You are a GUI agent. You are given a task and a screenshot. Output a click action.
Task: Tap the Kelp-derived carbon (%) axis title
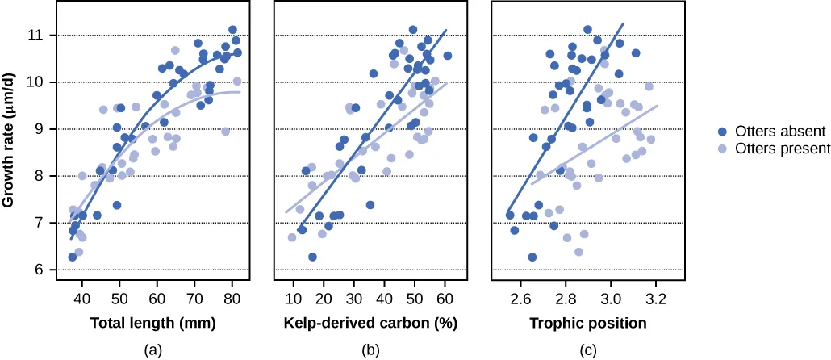[369, 324]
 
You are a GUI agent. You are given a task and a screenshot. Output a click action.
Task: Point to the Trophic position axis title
[587, 324]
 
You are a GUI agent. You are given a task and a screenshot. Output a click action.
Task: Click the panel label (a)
[152, 350]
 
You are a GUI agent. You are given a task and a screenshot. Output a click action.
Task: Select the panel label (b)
[369, 350]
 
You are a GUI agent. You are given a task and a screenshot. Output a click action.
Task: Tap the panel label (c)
[587, 350]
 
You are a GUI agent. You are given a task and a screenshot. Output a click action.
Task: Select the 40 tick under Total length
[81, 297]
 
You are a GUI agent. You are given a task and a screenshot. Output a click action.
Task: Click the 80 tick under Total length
[232, 297]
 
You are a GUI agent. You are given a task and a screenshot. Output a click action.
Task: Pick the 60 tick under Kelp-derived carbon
[445, 297]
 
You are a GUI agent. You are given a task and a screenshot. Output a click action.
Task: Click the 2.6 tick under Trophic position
[520, 297]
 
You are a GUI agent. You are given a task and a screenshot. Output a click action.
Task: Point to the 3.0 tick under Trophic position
[611, 297]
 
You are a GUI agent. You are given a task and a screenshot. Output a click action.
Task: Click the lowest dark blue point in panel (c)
[532, 257]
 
